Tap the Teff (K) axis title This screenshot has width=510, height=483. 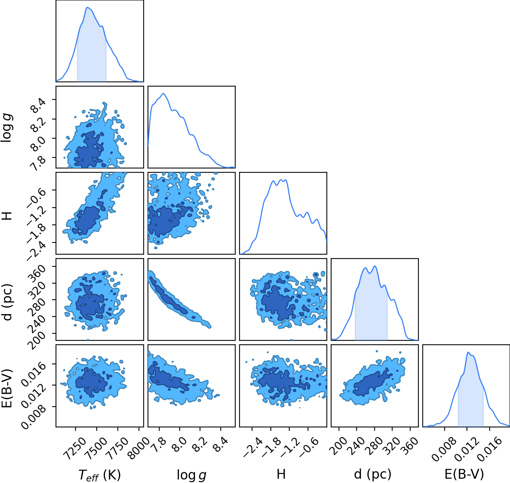(x=100, y=475)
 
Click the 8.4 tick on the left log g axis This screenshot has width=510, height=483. (x=38, y=105)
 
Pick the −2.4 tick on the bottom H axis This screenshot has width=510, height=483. (x=253, y=447)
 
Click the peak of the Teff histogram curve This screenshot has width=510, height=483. (x=88, y=7)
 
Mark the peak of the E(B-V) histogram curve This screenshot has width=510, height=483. (x=468, y=353)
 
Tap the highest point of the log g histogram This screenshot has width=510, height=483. (x=163, y=94)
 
